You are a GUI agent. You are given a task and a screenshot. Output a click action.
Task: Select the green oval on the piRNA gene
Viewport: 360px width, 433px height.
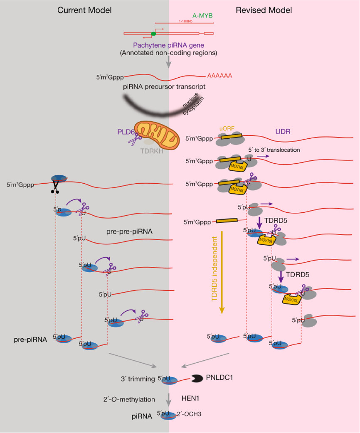point(153,33)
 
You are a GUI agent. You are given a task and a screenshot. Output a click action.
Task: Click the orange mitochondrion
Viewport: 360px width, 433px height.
point(158,133)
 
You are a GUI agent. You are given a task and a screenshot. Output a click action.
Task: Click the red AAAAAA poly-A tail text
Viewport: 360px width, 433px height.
point(219,76)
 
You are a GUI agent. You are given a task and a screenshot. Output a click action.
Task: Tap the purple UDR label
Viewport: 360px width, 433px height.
point(283,131)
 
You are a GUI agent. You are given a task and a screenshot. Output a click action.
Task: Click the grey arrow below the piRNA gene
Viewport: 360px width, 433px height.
point(168,61)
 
